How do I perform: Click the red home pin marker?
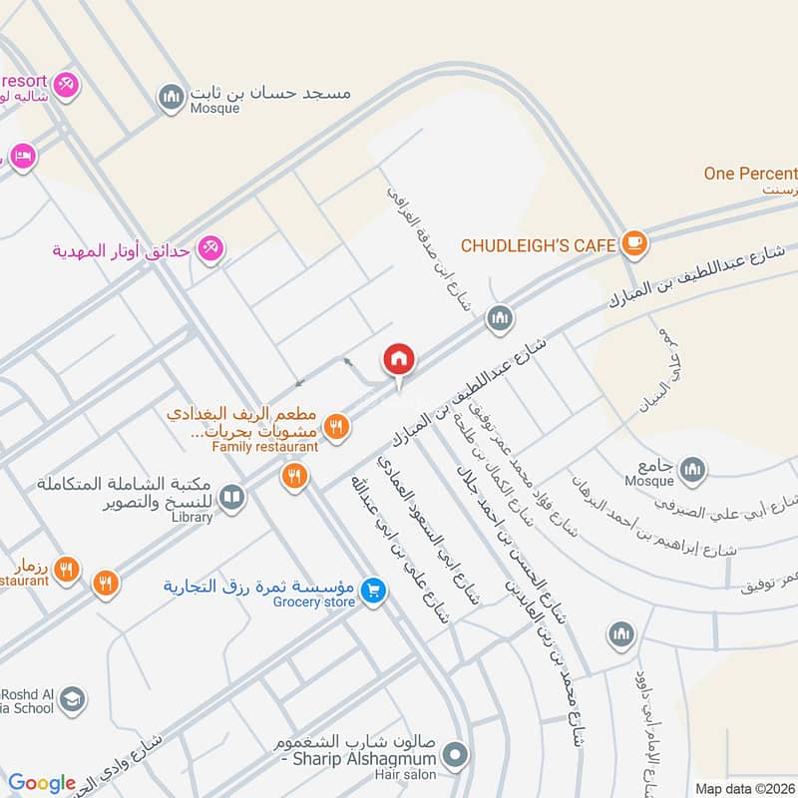399,360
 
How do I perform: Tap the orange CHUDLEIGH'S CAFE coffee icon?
633,242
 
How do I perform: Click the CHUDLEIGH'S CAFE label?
539,244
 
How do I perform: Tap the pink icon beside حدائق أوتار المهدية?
209,248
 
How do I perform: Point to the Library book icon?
232,497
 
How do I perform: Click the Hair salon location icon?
456,755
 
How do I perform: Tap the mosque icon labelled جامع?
692,469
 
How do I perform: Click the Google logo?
42,783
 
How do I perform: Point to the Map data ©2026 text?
743,788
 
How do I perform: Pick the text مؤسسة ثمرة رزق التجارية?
261,586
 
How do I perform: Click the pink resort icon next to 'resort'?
66,84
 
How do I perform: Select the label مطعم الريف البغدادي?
249,413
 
